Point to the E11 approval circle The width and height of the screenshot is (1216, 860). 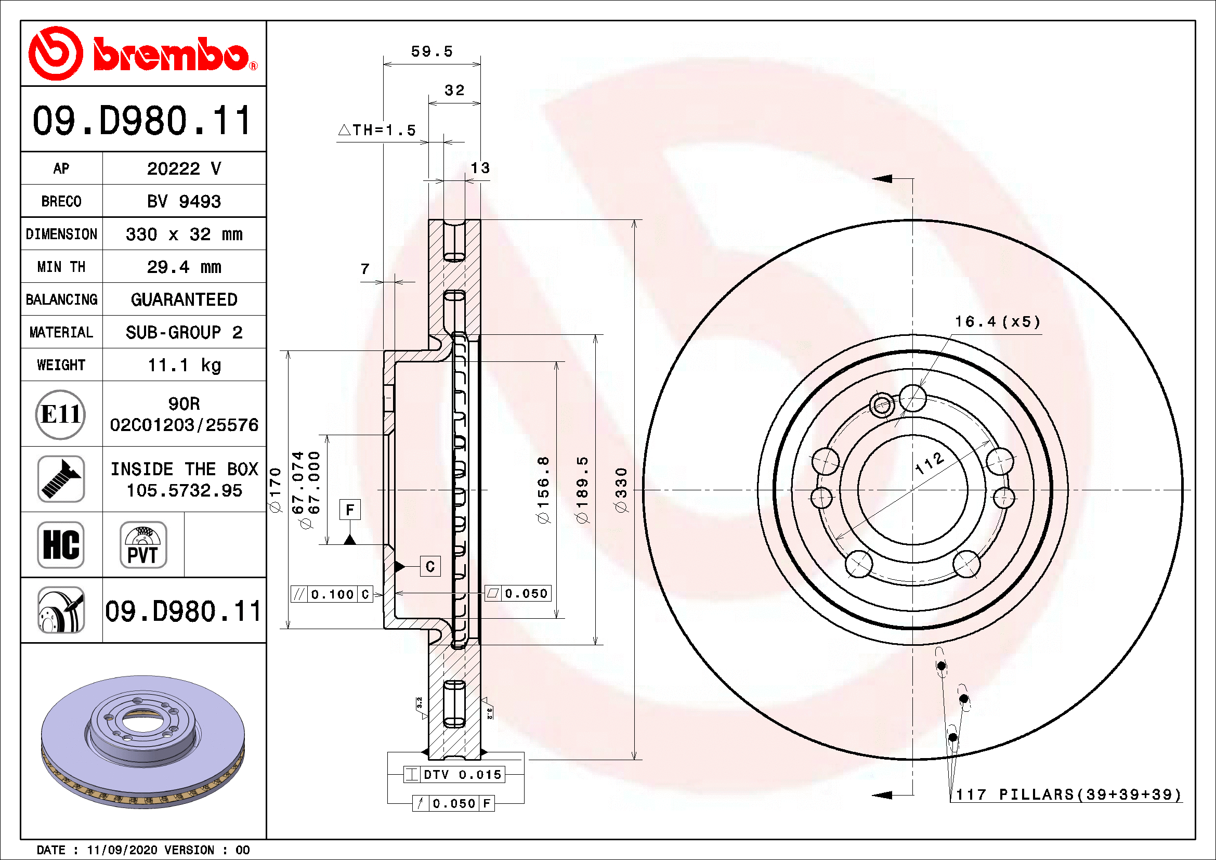[x=60, y=414]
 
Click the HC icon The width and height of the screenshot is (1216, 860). [x=60, y=544]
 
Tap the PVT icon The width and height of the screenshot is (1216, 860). [x=143, y=544]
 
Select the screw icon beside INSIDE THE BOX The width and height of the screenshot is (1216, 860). [x=60, y=479]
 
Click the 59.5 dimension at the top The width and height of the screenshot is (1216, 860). [x=432, y=51]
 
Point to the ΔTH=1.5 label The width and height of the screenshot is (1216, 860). [x=377, y=130]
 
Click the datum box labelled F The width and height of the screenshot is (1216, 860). [x=349, y=510]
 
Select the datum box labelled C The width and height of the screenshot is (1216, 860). [x=430, y=566]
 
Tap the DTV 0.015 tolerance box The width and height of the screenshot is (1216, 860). [x=454, y=774]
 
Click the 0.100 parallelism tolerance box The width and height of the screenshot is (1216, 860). [x=332, y=594]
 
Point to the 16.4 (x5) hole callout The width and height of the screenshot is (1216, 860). [x=997, y=321]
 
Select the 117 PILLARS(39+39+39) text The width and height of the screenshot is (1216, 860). [x=1069, y=794]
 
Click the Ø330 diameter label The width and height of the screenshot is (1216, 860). [x=621, y=489]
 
